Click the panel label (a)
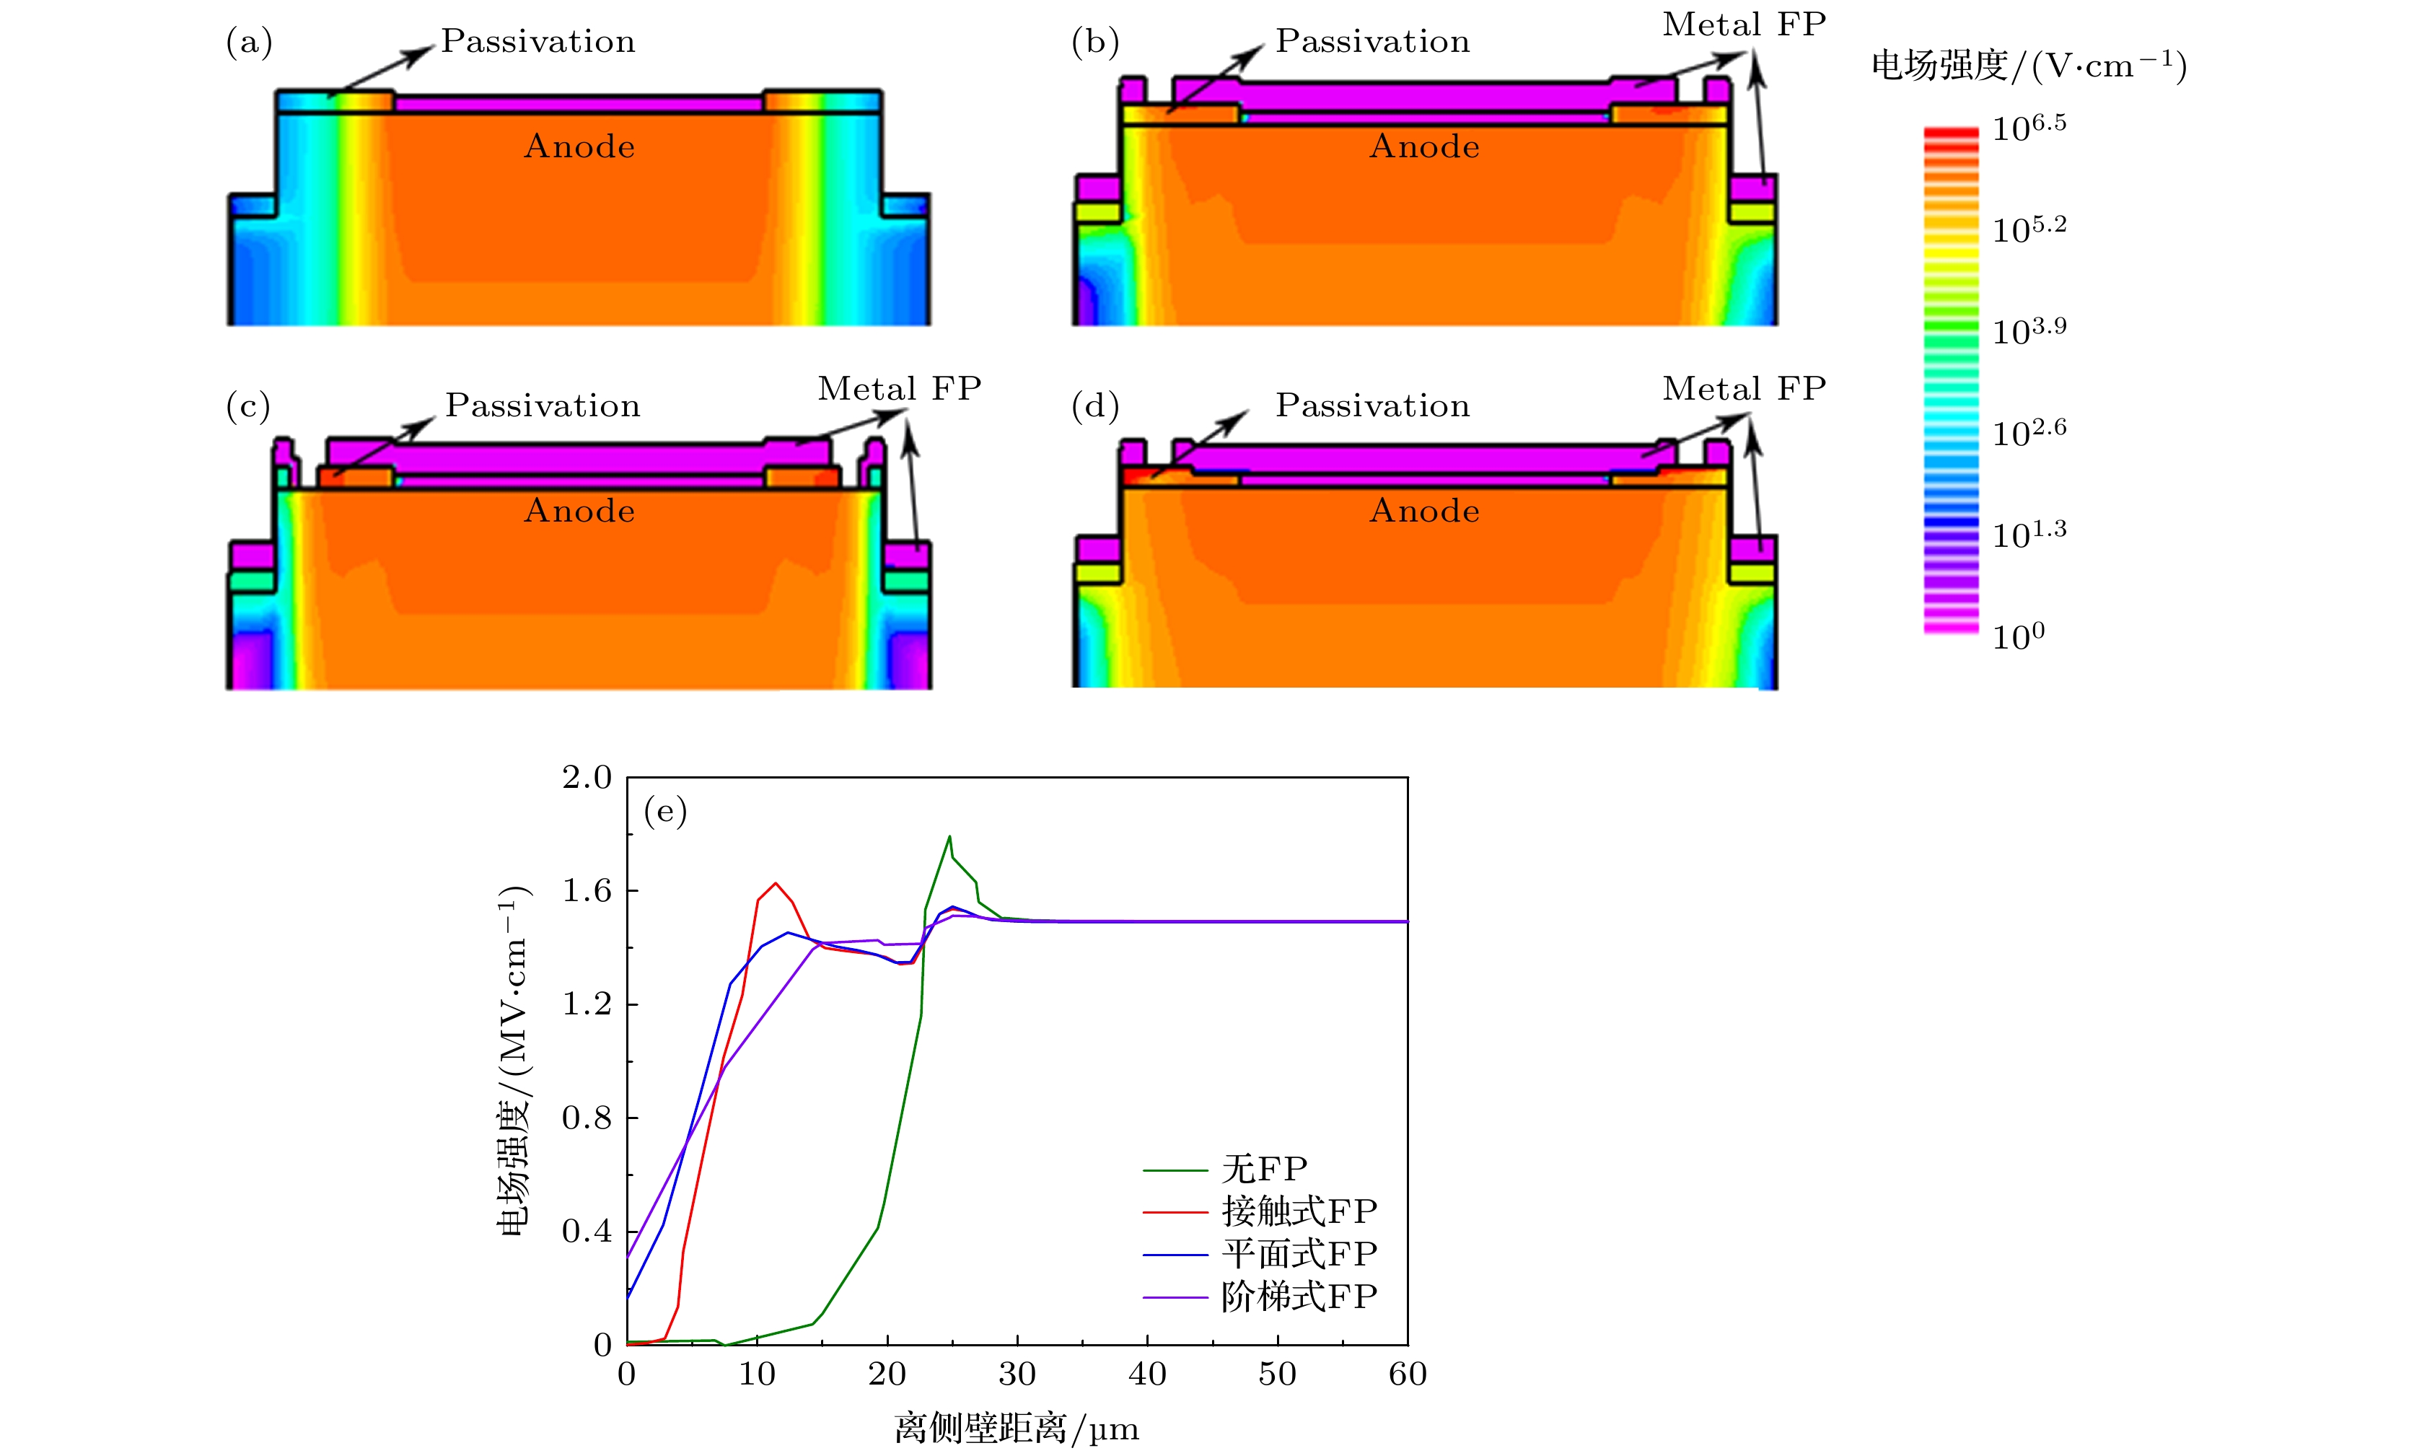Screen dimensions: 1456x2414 (x=249, y=42)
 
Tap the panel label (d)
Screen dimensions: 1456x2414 (x=1094, y=405)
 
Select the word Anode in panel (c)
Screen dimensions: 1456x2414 (x=579, y=512)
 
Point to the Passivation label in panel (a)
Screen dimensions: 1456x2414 (x=538, y=41)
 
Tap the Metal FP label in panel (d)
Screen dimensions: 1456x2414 (x=1744, y=389)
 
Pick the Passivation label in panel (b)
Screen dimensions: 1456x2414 (x=1371, y=41)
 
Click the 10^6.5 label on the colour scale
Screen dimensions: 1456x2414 (x=2029, y=128)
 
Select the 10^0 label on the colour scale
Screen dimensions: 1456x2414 (x=2018, y=637)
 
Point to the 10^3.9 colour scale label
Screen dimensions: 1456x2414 (x=2029, y=331)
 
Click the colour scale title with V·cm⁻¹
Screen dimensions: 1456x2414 (x=2028, y=66)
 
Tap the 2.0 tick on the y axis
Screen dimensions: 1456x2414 (x=586, y=778)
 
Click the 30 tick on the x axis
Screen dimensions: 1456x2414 (x=1017, y=1374)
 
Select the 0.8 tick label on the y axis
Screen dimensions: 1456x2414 (x=586, y=1118)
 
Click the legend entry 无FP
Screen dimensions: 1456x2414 (x=1264, y=1169)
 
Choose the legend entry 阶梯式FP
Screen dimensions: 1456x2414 (x=1298, y=1297)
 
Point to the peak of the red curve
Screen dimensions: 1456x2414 (x=776, y=883)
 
